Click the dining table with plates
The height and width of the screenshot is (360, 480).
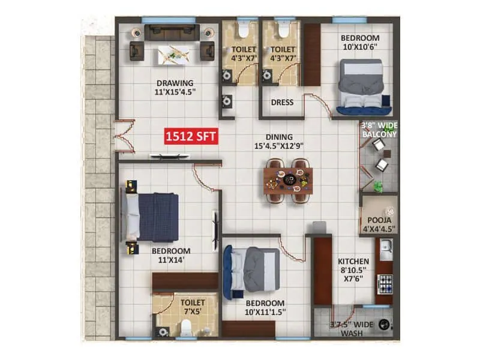289,179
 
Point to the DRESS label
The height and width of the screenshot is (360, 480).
282,103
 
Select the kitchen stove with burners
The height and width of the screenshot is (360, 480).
385,281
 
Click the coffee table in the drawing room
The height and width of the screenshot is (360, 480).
175,56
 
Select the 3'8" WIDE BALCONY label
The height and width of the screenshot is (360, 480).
379,130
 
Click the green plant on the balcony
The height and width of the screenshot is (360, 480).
378,187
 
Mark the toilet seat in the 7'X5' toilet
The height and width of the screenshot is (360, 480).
185,327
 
